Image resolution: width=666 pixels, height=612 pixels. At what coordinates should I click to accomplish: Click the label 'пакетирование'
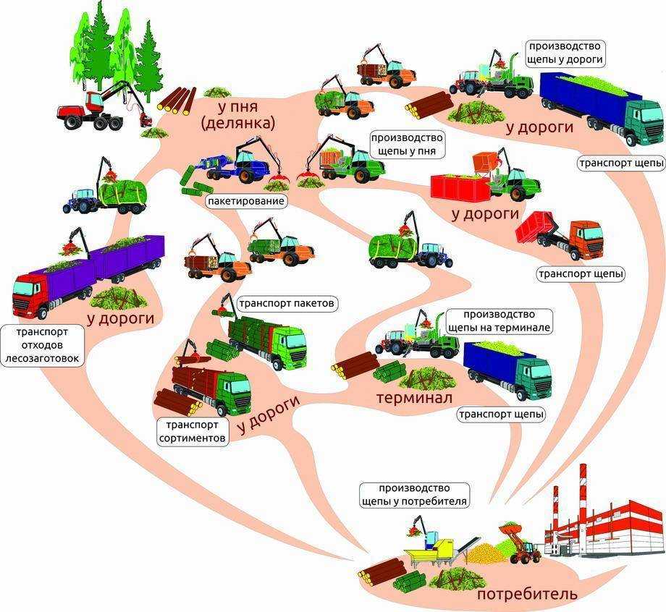(246, 201)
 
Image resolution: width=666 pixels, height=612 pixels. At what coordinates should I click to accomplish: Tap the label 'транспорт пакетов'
(287, 304)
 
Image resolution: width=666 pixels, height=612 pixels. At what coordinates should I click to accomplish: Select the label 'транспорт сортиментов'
(192, 431)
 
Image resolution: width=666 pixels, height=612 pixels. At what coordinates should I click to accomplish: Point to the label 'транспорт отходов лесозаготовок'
(42, 346)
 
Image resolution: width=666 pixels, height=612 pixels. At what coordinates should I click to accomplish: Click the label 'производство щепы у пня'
(407, 145)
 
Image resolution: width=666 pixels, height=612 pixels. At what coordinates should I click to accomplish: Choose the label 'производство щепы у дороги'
(565, 53)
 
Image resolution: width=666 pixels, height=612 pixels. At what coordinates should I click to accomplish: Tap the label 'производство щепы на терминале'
(499, 321)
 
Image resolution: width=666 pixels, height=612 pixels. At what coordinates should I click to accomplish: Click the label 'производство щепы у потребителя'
(414, 495)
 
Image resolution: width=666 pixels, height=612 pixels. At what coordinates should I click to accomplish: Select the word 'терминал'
(415, 398)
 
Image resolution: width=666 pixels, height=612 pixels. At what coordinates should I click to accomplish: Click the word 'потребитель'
(527, 594)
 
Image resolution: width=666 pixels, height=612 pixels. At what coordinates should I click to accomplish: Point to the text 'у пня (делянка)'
(238, 114)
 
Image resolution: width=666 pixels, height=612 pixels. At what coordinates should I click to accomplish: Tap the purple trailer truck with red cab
(87, 275)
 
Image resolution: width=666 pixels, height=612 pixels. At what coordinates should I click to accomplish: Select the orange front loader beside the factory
(520, 543)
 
